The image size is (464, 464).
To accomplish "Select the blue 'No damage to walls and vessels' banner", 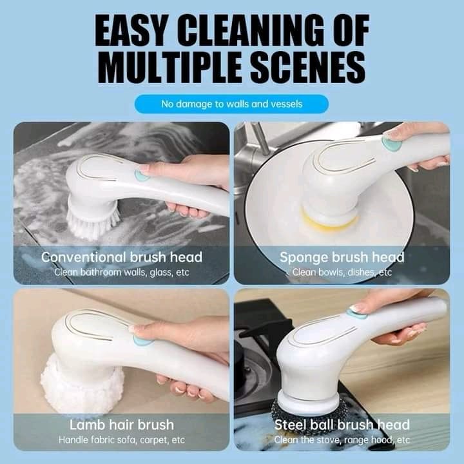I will tap(231, 103).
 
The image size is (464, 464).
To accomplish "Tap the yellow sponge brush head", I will tap(330, 220).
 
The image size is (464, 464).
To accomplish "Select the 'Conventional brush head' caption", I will tap(122, 257).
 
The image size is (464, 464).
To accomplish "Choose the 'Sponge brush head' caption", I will tap(342, 257).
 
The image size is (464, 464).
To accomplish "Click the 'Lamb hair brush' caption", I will tap(122, 425).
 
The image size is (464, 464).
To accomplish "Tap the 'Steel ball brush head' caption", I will tap(342, 425).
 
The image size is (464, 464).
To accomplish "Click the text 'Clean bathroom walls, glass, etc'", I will tap(122, 272).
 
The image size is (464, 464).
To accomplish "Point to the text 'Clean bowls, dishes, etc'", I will tap(342, 272).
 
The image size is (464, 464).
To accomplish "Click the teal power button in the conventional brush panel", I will tap(140, 175).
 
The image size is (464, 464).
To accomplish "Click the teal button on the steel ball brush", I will tap(354, 313).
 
